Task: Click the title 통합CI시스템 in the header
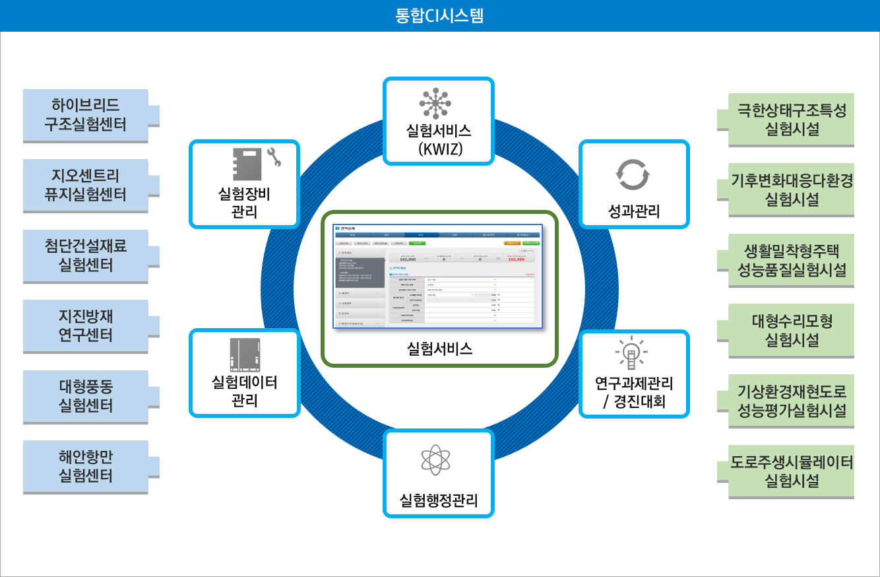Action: pos(439,15)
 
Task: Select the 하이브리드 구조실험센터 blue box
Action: pos(85,115)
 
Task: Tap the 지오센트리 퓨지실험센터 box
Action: pos(85,185)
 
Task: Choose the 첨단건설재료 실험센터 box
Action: pos(85,255)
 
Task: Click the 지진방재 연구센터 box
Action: pos(85,326)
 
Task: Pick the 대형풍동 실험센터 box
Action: pos(85,396)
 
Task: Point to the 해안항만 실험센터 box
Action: pos(85,467)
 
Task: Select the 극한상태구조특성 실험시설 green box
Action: pos(791,119)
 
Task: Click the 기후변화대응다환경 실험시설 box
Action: pos(791,189)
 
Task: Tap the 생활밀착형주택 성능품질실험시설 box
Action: pos(791,260)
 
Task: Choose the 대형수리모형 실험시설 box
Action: pos(791,331)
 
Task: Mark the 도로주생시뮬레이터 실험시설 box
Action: pos(791,471)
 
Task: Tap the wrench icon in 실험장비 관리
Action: pos(273,158)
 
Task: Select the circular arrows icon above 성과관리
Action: pos(633,174)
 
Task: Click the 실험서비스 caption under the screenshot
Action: pos(440,349)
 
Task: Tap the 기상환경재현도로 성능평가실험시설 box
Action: pos(791,401)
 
